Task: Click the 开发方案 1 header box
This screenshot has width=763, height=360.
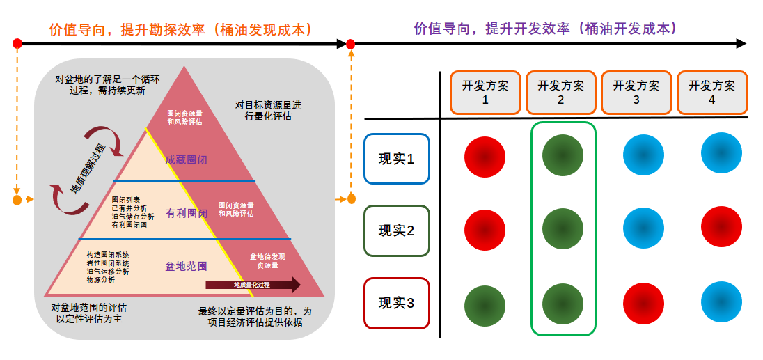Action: coord(485,93)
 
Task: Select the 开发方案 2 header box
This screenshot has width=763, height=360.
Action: coord(560,93)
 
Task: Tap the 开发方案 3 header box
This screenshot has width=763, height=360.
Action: coord(636,93)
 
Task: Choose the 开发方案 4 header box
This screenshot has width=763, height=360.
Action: coord(711,93)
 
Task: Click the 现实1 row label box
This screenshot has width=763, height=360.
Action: coord(396,159)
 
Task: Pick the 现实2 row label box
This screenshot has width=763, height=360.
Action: coord(396,230)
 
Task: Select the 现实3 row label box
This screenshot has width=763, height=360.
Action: coord(396,303)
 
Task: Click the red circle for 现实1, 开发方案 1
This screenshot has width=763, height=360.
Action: coord(485,157)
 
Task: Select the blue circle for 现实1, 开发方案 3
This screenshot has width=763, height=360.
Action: coord(643,155)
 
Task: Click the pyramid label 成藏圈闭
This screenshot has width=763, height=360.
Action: coord(186,160)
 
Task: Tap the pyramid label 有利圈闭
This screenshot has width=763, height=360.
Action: coord(186,213)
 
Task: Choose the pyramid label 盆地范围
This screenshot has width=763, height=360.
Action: coord(186,266)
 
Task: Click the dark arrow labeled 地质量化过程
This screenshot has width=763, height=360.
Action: coord(252,285)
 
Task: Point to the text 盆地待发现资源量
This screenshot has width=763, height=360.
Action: coord(267,261)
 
